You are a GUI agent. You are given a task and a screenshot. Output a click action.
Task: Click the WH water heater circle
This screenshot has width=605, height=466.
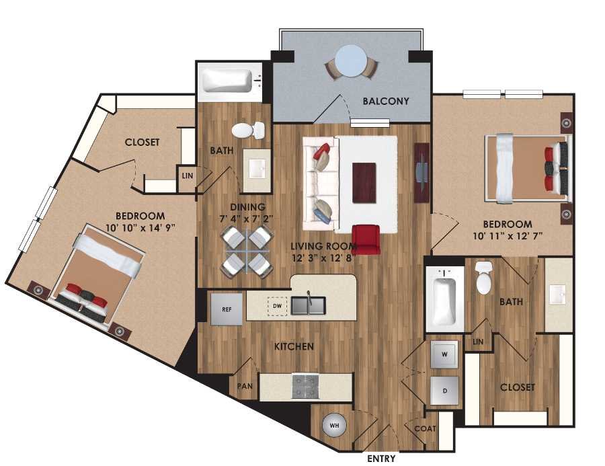(x=334, y=425)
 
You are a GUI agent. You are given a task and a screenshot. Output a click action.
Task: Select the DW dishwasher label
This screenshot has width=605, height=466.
(x=277, y=306)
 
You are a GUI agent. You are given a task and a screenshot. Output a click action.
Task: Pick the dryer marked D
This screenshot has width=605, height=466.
(x=444, y=389)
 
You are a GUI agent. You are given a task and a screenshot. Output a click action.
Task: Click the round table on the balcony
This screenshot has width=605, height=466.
(x=351, y=63)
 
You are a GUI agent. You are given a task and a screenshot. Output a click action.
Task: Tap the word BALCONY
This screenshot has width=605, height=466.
(x=385, y=102)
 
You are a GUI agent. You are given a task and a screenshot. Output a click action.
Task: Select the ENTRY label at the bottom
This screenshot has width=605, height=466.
(x=381, y=459)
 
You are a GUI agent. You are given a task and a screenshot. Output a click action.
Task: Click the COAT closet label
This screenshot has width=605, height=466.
(x=426, y=428)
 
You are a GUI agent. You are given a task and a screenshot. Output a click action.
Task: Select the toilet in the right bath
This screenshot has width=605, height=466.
(x=484, y=278)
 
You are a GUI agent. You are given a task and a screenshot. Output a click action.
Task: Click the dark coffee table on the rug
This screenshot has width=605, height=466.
(x=364, y=182)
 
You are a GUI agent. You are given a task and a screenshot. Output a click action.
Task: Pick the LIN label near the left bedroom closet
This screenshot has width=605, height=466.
(x=186, y=175)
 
